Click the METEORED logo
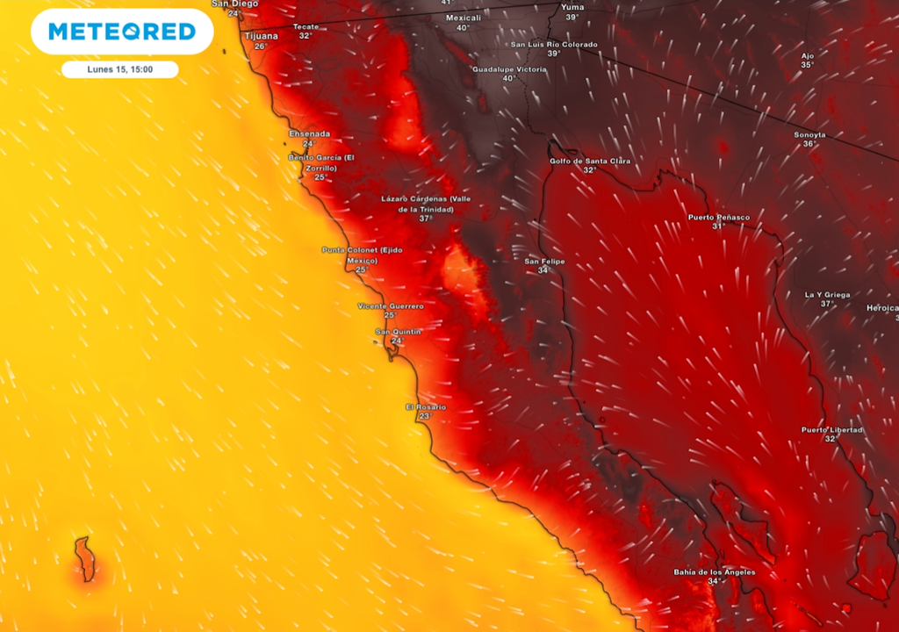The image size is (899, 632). tap(122, 32)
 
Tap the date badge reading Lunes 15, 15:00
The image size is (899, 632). tap(120, 69)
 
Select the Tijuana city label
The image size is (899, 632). tap(261, 36)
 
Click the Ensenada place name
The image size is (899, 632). tap(309, 133)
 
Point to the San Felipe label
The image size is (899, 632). tap(544, 262)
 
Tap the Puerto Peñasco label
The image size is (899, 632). tap(718, 217)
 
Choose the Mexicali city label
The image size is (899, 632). tap(463, 18)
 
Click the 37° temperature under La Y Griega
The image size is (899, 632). tap(827, 304)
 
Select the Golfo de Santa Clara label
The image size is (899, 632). tap(589, 161)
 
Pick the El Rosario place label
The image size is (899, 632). tap(425, 407)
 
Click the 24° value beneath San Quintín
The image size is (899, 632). tap(398, 341)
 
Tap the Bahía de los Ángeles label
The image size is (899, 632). tap(714, 572)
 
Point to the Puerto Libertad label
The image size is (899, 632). tap(831, 429)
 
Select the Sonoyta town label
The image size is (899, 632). tap(809, 134)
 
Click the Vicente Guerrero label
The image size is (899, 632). tap(390, 305)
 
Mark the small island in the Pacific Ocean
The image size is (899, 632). tap(84, 559)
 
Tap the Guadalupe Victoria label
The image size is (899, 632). tap(509, 68)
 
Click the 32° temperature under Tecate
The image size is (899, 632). tap(305, 36)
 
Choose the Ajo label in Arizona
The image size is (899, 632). tap(807, 55)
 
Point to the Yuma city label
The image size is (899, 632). tap(572, 7)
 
